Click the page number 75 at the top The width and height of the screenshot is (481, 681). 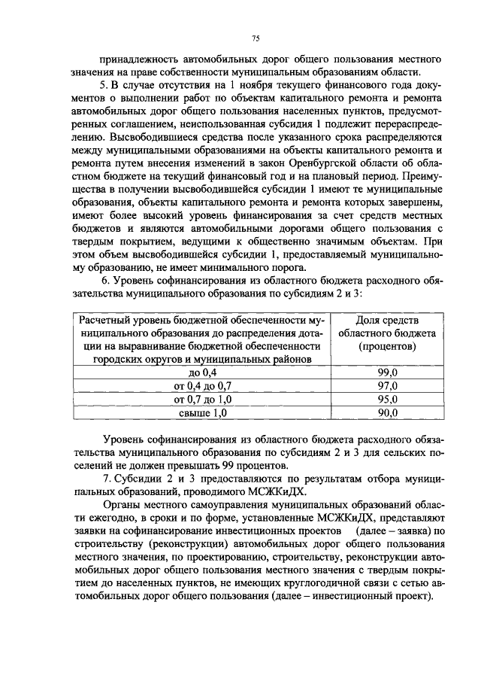tap(255, 38)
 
